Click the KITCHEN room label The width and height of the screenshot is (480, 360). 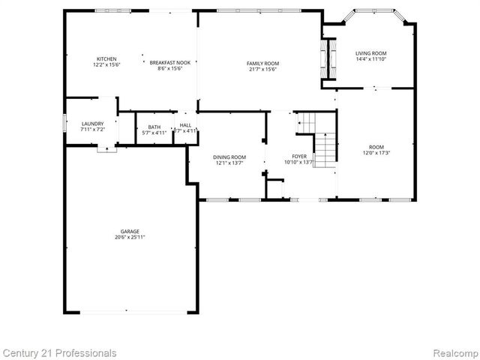pos(106,59)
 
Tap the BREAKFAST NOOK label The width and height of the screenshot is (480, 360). pos(169,62)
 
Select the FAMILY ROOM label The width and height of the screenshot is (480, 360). pos(263,63)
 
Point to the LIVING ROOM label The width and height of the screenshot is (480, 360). pos(370,53)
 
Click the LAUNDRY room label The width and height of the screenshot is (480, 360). pos(92,124)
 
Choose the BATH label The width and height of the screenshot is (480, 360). pos(154,127)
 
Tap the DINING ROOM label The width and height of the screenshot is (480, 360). pos(230,156)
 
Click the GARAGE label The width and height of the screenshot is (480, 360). pos(129,231)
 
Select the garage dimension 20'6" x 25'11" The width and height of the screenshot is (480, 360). pos(129,237)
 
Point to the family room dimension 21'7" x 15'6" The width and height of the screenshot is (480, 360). pos(263,69)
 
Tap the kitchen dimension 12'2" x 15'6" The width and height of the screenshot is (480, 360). pos(106,65)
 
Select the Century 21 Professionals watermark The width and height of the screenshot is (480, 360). pos(59,352)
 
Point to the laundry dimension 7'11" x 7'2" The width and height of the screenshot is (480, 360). pos(92,130)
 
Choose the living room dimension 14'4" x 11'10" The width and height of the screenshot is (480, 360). pos(370,59)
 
